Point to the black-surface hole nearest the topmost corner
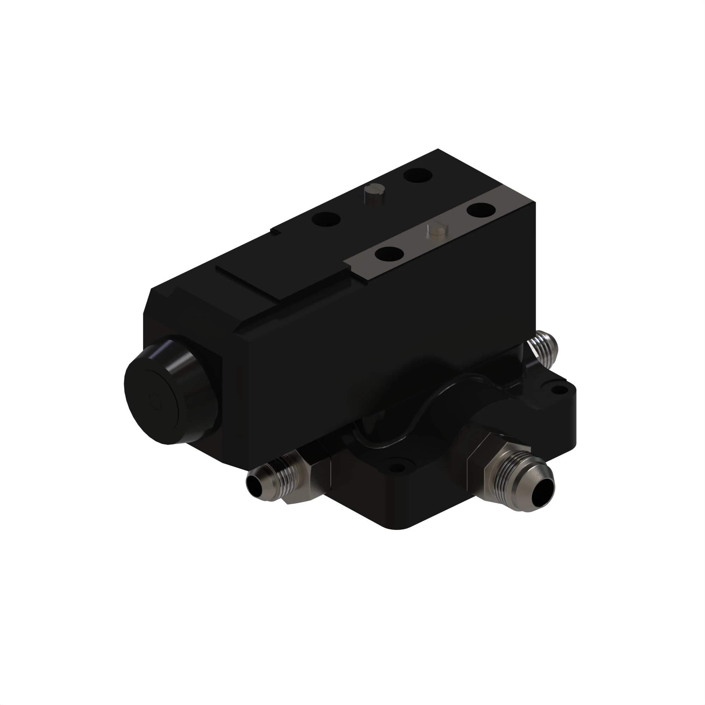pyautogui.click(x=418, y=175)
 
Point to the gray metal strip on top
pyautogui.click(x=431, y=237)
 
